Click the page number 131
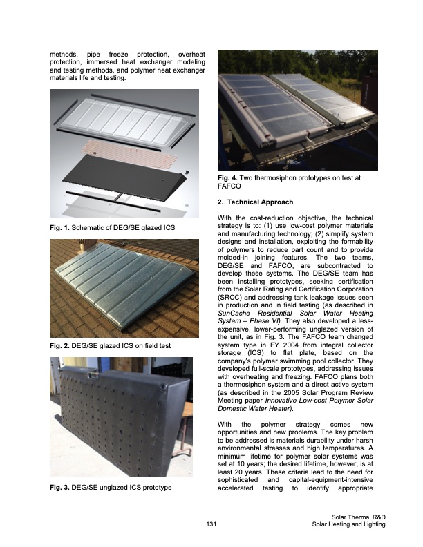pyautogui.click(x=211, y=525)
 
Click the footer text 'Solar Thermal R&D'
pyautogui.click(x=358, y=517)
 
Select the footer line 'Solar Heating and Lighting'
pyautogui.click(x=348, y=525)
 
